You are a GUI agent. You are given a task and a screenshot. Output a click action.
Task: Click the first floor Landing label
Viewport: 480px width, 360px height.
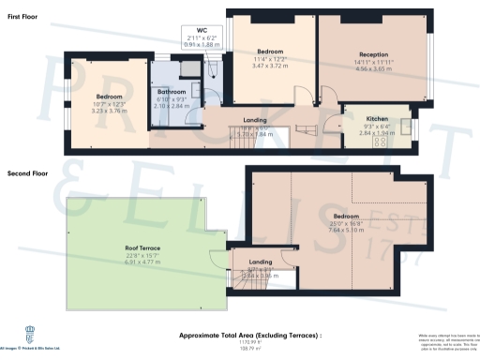tap(254, 121)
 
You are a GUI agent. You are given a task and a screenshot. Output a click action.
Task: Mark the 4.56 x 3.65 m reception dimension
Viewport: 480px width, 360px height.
tap(372, 68)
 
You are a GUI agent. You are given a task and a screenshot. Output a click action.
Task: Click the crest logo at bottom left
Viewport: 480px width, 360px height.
tap(14, 335)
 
